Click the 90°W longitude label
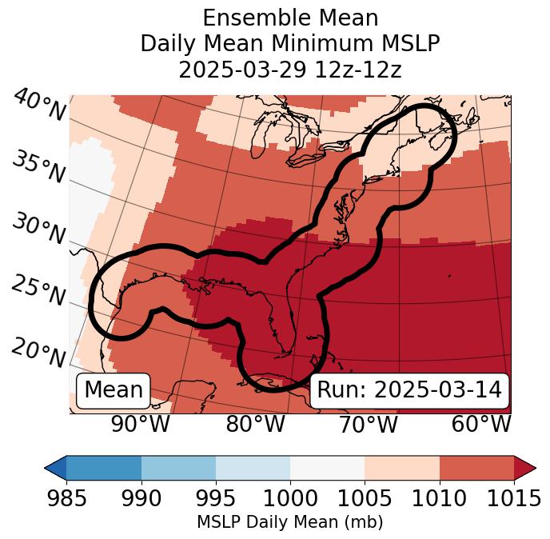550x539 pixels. pyautogui.click(x=141, y=424)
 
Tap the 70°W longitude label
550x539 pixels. pyautogui.click(x=368, y=424)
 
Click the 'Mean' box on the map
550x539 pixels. pyautogui.click(x=114, y=390)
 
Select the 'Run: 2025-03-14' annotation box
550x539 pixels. pyautogui.click(x=409, y=390)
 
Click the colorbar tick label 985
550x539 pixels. pyautogui.click(x=67, y=498)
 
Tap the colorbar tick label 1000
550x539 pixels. pyautogui.click(x=290, y=498)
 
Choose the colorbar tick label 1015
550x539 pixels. pyautogui.click(x=512, y=498)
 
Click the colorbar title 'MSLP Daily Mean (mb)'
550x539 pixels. pyautogui.click(x=290, y=522)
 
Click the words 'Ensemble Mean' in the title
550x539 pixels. pyautogui.click(x=290, y=18)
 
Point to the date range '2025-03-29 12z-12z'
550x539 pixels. pyautogui.click(x=290, y=70)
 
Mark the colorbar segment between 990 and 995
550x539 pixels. pyautogui.click(x=178, y=468)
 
